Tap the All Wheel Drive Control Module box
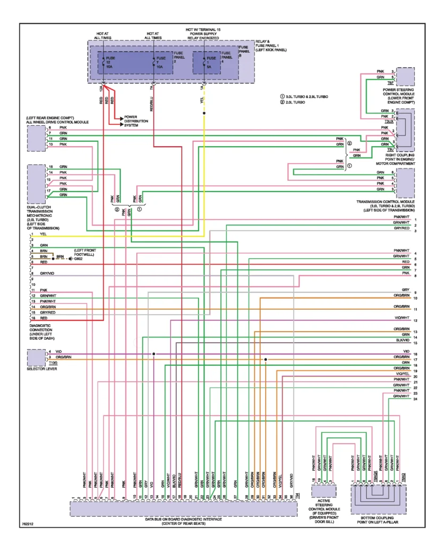[36, 139]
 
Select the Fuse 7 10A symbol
[154, 62]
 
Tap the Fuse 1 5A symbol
[204, 62]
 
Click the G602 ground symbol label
[78, 259]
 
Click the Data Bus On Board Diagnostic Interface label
[183, 521]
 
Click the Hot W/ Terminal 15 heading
[203, 34]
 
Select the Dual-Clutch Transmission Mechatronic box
[36, 182]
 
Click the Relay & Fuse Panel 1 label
[271, 46]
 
